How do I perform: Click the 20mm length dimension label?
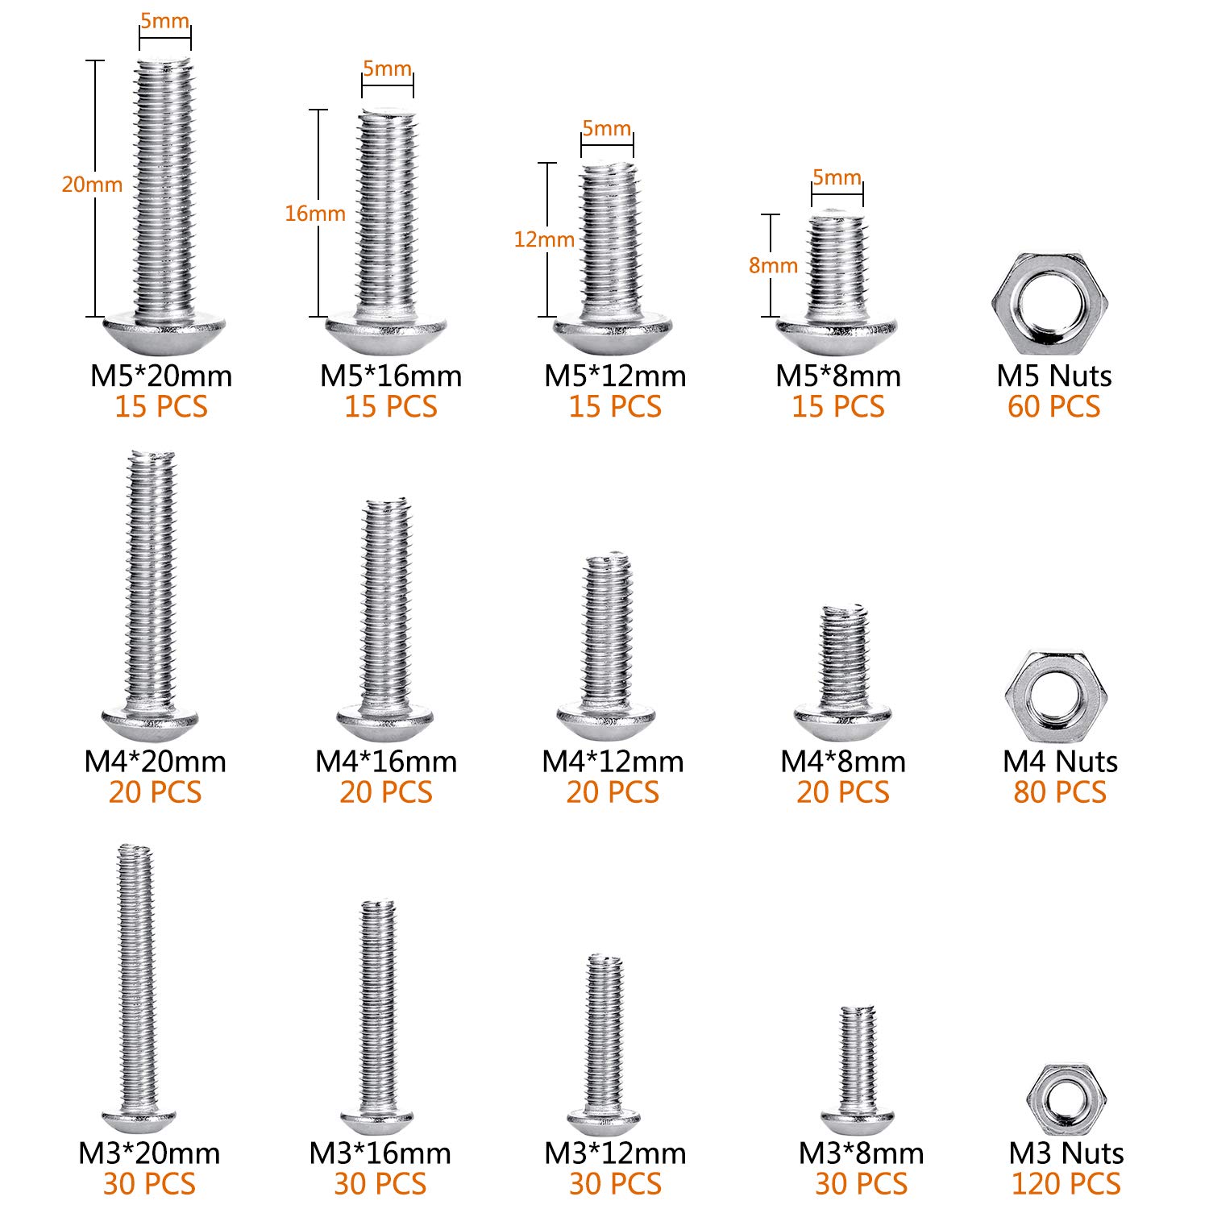[92, 185]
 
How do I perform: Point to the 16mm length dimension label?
[314, 214]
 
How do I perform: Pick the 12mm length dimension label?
[544, 239]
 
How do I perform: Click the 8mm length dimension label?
[772, 265]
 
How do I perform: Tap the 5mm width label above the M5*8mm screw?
[837, 177]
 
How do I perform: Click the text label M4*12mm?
[613, 761]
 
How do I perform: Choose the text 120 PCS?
[1066, 1183]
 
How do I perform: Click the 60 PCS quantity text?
[1053, 406]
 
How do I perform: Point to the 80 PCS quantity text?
[1060, 792]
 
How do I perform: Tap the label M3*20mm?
[149, 1153]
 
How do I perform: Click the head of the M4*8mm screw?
[842, 720]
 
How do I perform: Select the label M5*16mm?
[391, 376]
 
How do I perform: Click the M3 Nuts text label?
[1066, 1153]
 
